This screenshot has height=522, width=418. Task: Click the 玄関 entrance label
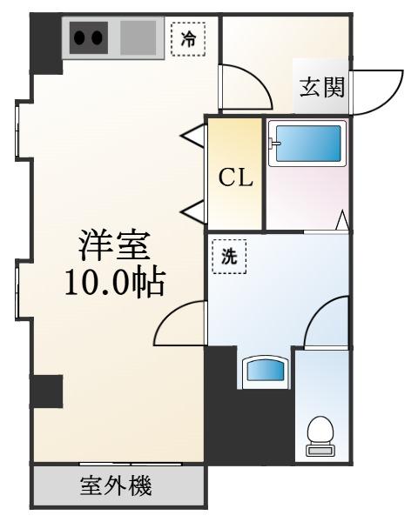tap(321, 87)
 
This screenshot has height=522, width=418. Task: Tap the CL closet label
tap(236, 177)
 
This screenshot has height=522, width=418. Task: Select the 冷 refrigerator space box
tap(188, 39)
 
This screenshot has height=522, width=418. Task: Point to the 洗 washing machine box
tap(230, 257)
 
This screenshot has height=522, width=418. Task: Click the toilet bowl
tap(320, 436)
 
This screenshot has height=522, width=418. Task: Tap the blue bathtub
tap(307, 144)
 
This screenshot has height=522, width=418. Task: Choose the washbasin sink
tap(266, 371)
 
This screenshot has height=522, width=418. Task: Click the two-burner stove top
tap(89, 38)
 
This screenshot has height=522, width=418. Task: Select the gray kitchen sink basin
tap(138, 38)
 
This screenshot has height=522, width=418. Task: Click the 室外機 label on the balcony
tap(116, 485)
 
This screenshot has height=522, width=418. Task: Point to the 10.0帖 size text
tap(115, 283)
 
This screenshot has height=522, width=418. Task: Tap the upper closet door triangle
tap(194, 136)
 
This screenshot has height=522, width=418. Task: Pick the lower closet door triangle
tap(194, 211)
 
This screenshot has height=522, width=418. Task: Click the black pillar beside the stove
tap(46, 44)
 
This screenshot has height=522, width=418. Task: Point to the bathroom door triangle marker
tap(342, 220)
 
